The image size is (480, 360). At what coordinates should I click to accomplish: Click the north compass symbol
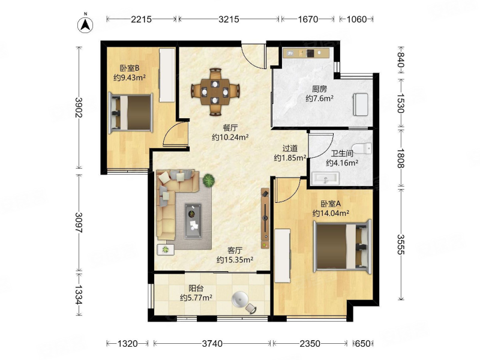pos(85,25)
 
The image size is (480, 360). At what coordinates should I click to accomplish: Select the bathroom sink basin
pos(325,178)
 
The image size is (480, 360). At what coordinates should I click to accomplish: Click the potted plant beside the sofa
pos(208,181)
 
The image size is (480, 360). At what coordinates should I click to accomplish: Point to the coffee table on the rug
pos(193,221)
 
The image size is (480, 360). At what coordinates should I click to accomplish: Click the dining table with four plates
pos(215,92)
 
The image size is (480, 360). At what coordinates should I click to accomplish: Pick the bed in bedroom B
pos(131,113)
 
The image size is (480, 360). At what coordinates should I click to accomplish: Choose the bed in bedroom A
pos(343,246)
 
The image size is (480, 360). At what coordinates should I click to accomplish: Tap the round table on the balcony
pos(241,299)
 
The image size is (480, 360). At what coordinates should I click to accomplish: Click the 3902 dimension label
pos(79,107)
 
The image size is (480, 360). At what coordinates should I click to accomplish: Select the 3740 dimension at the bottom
pos(212,344)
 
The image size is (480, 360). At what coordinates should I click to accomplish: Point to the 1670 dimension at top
pos(308,19)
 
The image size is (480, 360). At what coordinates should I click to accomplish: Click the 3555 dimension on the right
pos(401,244)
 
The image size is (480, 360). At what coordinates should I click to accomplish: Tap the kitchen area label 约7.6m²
pos(319,98)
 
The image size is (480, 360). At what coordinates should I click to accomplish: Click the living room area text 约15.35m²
pos(235,260)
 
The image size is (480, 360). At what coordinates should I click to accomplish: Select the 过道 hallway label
pos(290,148)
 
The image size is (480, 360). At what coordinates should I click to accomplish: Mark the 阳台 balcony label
pos(196,289)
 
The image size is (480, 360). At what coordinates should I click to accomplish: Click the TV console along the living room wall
pos(265,218)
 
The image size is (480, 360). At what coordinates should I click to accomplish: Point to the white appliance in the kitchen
pos(361,104)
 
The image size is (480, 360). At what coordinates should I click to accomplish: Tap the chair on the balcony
pos(251,308)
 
